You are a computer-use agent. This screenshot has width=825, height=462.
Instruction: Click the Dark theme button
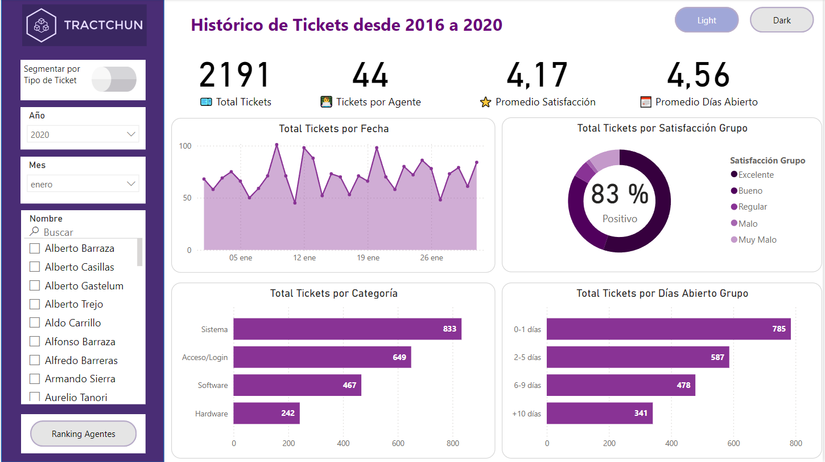pos(782,21)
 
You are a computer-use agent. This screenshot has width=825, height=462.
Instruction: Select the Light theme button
pos(707,21)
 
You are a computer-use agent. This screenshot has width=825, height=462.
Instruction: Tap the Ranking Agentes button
pos(84,434)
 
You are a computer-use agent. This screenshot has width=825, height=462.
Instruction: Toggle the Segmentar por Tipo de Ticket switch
pos(114,79)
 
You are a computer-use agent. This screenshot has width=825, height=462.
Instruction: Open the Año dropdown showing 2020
pos(83,134)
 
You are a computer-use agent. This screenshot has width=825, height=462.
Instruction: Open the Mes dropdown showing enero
pos(83,184)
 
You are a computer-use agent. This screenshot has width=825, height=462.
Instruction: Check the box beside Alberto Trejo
pos(35,304)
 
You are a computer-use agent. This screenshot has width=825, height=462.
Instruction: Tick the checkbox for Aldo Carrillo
pos(35,323)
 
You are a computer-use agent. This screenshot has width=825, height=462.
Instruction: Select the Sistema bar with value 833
pos(347,329)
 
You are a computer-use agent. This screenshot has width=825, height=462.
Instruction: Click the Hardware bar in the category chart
pos(266,414)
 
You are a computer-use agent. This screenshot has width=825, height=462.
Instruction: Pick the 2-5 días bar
pos(638,357)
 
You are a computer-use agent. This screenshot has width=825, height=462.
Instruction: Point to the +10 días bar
pos(600,414)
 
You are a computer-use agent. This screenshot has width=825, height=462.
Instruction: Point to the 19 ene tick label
pos(368,258)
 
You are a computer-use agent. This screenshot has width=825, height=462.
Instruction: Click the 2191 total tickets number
pos(235,75)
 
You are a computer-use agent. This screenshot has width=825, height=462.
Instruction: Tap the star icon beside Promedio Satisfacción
pos(485,103)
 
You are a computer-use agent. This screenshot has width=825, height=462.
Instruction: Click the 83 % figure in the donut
pos(619,194)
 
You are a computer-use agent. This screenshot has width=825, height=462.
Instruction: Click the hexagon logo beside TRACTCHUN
pos(42,25)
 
